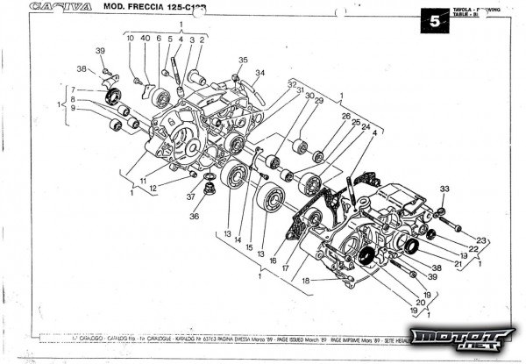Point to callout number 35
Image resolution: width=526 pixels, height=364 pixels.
243,60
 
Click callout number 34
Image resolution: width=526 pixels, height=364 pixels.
260,73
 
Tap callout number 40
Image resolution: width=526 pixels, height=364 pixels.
146,39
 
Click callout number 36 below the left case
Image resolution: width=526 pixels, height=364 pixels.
195,216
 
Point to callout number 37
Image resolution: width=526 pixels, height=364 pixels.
190,197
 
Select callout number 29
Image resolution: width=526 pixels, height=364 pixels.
318,101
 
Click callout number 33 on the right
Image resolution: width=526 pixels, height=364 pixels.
444,189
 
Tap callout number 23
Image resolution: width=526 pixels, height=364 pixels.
481,240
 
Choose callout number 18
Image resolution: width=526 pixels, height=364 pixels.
306,280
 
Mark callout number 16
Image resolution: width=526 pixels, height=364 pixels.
274,261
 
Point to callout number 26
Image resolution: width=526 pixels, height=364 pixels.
345,116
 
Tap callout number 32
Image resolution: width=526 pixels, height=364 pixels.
291,83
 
